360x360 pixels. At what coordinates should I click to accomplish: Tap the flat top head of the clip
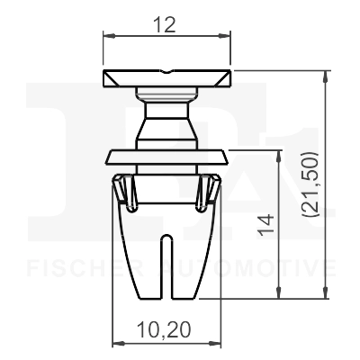click(x=166, y=78)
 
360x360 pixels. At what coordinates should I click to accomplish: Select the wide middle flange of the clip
click(x=166, y=157)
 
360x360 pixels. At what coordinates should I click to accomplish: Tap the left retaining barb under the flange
click(x=121, y=191)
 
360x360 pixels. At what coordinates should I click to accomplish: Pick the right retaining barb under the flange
click(x=213, y=191)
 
